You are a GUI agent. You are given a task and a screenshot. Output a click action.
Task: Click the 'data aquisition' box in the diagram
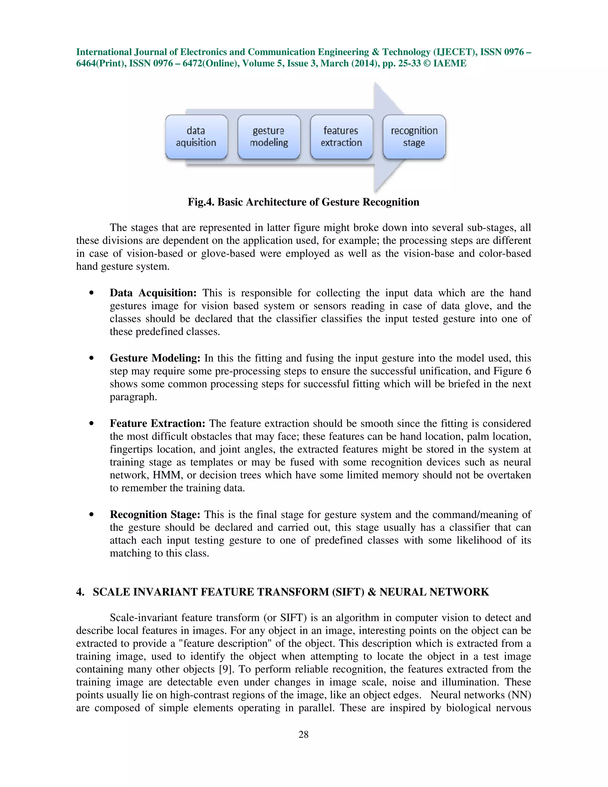point(196,137)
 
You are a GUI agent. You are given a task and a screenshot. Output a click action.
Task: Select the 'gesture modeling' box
point(269,137)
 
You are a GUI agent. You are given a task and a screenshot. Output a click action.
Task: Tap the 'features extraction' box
point(341,137)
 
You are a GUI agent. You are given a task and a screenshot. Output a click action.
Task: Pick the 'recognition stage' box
point(414,137)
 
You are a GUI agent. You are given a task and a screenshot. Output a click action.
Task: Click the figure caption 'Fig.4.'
point(201,202)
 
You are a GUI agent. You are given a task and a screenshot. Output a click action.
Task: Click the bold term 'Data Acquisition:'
point(153,293)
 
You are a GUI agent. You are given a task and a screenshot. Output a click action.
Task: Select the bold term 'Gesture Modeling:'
point(155,358)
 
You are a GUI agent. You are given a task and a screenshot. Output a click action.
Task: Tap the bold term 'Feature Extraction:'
point(157,423)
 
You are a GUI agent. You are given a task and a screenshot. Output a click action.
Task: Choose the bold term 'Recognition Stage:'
point(155,515)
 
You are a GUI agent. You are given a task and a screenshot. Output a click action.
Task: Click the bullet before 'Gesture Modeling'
point(91,358)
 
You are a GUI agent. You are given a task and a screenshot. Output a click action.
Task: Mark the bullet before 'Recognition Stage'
point(91,515)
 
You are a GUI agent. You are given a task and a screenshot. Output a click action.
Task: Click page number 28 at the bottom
point(303,734)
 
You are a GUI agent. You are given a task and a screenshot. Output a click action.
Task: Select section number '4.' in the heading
point(80,592)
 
